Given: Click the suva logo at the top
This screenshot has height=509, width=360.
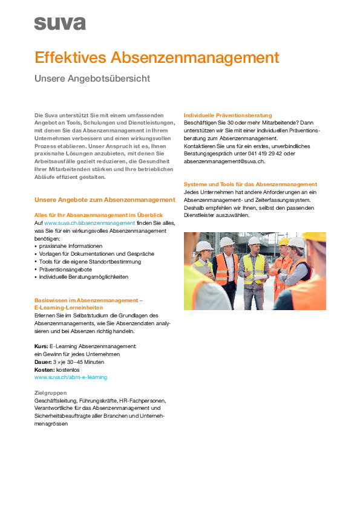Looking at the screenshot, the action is click(60, 24).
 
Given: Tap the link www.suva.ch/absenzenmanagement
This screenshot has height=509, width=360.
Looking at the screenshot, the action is click(90, 223).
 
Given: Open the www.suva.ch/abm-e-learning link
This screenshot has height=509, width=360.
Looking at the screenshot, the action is click(71, 377).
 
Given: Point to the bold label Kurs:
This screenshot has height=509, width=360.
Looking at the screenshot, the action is click(41, 346).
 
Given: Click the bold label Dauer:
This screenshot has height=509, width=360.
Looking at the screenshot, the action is click(43, 361).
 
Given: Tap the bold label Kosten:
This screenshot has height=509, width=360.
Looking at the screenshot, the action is click(45, 369).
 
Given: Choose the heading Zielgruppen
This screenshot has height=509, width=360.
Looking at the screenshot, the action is click(50, 393).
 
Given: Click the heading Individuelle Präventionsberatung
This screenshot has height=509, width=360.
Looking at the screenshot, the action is click(227, 115).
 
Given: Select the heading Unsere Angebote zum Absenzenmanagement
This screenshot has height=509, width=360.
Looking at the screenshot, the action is click(105, 199).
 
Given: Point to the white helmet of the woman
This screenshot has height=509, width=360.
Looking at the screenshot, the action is click(205, 246).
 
